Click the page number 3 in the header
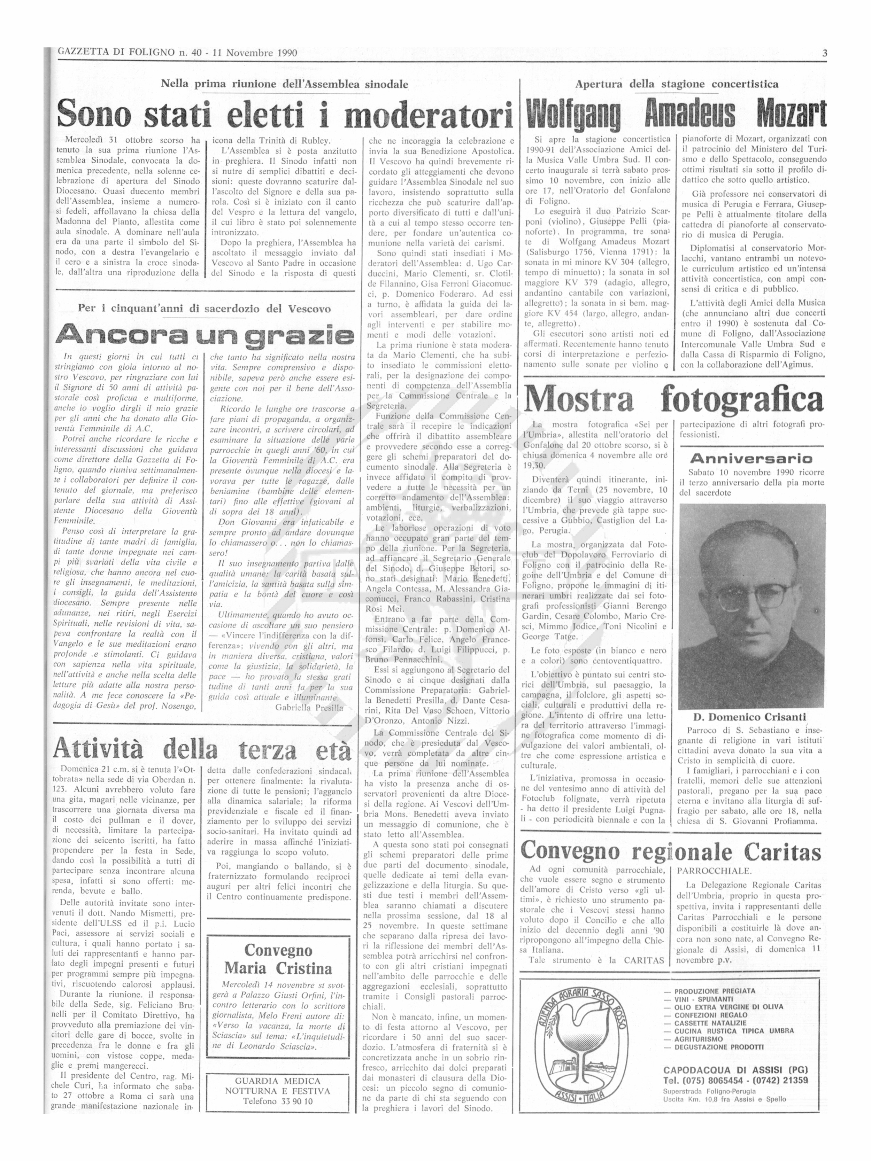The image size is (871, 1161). click(825, 53)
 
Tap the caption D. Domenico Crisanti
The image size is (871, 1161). click(750, 717)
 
